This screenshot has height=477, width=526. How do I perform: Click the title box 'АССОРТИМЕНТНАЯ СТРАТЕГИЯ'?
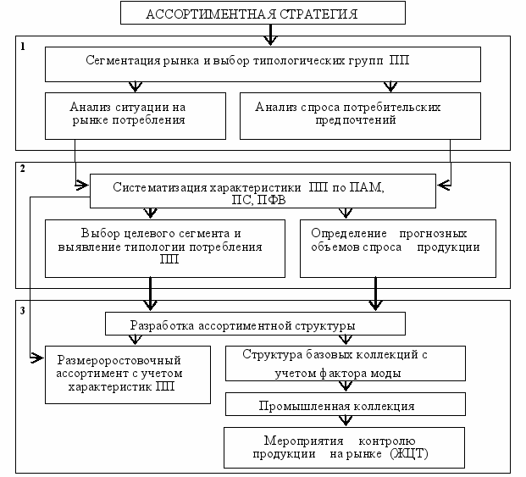[263, 13]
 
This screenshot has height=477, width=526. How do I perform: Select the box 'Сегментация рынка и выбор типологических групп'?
[263, 64]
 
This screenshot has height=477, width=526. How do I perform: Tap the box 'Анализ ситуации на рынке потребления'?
[136, 116]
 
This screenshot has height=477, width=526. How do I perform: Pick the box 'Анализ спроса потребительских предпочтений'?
[360, 116]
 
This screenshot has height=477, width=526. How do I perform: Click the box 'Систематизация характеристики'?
[263, 191]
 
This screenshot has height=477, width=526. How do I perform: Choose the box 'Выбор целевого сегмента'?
[165, 248]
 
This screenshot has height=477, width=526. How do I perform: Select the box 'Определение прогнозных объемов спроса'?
[398, 248]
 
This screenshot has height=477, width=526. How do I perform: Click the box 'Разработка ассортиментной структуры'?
[255, 324]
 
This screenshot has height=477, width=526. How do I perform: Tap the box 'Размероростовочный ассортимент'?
[128, 374]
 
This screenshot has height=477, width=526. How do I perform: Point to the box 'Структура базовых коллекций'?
[346, 363]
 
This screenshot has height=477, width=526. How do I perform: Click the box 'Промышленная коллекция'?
[346, 404]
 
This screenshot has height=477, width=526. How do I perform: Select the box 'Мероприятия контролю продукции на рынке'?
[344, 447]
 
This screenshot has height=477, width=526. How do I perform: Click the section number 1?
[23, 47]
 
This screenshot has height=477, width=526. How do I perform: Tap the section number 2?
[23, 168]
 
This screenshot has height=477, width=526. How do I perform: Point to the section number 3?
[23, 311]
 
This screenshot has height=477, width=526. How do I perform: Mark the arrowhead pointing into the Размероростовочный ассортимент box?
[37, 358]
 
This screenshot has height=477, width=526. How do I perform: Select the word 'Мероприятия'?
[303, 441]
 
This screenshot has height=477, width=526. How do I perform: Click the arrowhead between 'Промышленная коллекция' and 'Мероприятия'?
[346, 421]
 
